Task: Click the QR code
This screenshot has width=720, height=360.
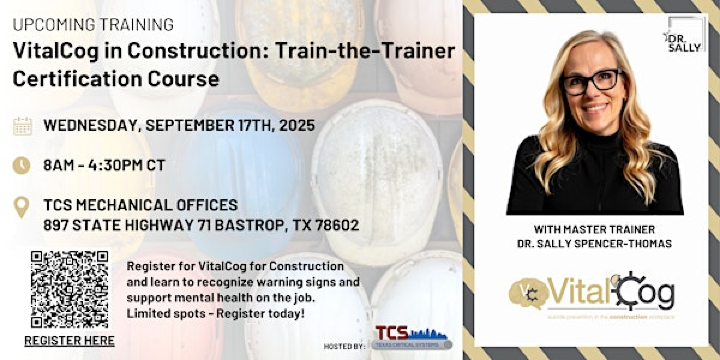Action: [69, 289]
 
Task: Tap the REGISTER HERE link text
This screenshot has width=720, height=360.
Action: [69, 341]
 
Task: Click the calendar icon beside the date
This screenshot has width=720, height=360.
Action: [22, 126]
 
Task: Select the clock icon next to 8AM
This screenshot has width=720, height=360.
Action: [22, 166]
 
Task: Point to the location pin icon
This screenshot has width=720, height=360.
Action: [22, 208]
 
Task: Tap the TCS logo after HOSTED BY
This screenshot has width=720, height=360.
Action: [410, 337]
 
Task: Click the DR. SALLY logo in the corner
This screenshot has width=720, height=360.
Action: [685, 35]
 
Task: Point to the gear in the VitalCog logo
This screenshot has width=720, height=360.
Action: [630, 291]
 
